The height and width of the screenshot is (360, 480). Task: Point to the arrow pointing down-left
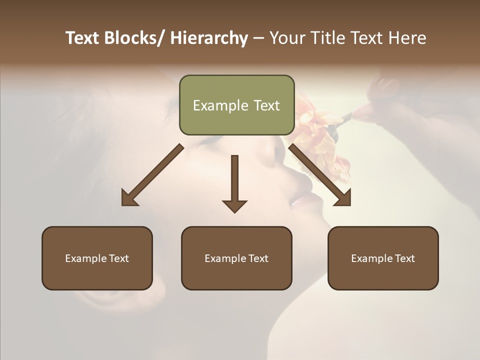click(x=152, y=175)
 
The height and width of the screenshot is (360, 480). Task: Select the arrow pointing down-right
click(x=320, y=175)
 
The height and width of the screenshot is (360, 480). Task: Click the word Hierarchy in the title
click(x=209, y=38)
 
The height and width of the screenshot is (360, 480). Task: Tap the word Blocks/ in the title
click(x=131, y=38)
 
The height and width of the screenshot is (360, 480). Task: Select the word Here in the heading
click(x=407, y=38)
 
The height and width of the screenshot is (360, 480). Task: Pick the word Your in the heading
click(x=287, y=38)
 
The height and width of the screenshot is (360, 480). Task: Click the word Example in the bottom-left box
click(x=85, y=258)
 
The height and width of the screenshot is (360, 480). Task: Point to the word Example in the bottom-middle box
click(x=225, y=258)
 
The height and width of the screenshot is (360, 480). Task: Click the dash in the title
click(x=258, y=38)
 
